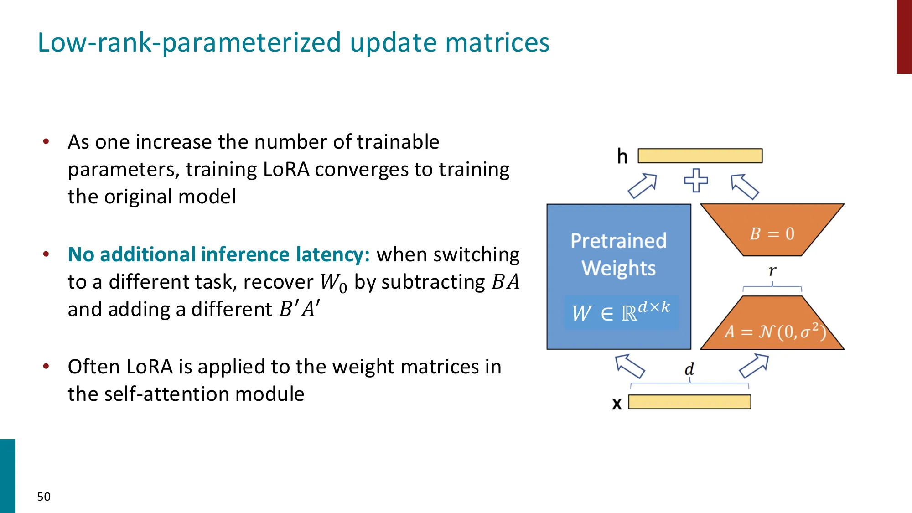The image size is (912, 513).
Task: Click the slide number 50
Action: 44,497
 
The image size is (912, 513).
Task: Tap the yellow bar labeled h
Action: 700,155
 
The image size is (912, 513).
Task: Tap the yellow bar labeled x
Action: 689,402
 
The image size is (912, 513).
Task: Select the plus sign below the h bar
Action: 696,181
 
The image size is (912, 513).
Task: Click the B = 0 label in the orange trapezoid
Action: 772,234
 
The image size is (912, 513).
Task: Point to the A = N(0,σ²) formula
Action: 775,332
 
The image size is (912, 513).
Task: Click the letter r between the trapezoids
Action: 772,271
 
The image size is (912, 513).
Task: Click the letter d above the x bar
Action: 689,369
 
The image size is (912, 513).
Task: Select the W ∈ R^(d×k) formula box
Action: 621,313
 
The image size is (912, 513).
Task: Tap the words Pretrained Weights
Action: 618,254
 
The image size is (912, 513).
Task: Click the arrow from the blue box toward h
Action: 642,186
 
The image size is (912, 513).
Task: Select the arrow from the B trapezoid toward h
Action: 745,187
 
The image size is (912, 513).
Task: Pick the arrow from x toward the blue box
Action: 630,366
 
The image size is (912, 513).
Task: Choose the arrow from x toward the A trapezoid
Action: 754,366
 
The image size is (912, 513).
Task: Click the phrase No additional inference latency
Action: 218,254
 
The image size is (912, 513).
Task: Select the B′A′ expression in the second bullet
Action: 300,309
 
